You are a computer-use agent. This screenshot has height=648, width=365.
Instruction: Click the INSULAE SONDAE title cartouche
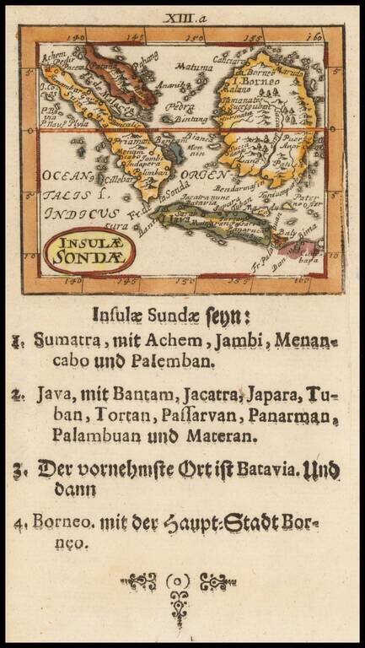[x=89, y=251]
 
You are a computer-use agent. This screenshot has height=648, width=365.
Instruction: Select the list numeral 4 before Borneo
[x=19, y=522]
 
